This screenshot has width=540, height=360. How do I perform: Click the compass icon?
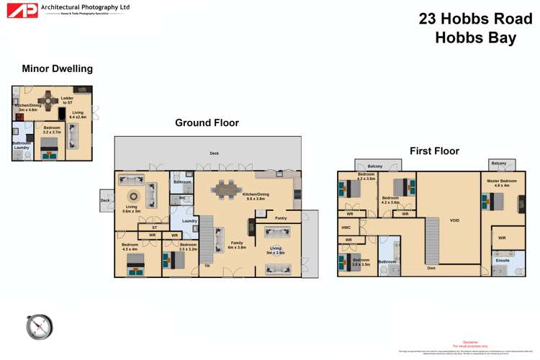39,326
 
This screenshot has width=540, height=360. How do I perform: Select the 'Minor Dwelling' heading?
57,69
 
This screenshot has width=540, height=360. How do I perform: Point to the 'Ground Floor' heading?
207,123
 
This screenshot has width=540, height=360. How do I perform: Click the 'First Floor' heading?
434,151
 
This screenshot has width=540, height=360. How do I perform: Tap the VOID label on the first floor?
454,220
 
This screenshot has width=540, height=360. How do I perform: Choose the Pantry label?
281,217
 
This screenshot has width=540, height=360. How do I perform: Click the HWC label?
346,228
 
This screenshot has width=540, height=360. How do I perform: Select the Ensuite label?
503,260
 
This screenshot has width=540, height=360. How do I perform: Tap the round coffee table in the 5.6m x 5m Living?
133,197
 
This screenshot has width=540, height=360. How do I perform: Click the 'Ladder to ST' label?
66,100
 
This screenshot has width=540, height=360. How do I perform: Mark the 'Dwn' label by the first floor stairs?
431,268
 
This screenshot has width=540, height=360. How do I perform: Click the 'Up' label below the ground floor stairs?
207,265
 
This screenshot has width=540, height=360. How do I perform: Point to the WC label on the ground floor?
182,197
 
